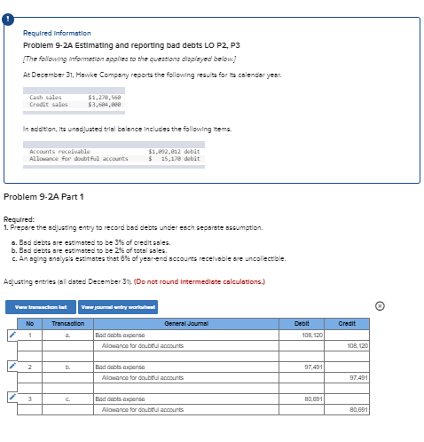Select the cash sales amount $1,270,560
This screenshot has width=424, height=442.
coord(105,97)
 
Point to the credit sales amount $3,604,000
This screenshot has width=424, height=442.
coord(105,104)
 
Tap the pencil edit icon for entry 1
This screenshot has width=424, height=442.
coord(11,336)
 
